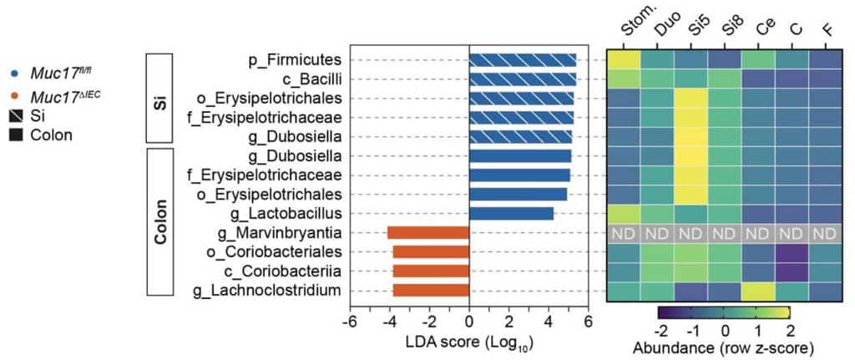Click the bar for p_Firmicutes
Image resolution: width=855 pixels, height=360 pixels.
pos(523,59)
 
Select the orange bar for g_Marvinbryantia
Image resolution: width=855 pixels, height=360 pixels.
pos(428,233)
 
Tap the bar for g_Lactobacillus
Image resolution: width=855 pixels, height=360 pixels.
pos(511,214)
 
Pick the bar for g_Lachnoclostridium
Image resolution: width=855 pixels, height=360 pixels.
pos(431,291)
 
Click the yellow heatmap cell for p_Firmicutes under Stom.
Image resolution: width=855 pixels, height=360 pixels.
pos(624,59)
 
